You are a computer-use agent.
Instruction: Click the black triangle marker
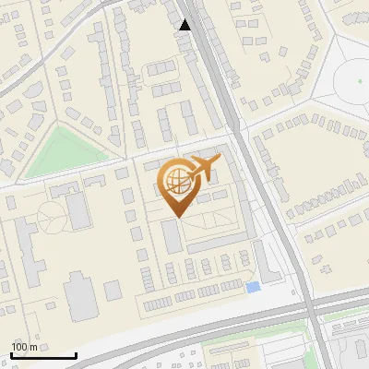point(185,25)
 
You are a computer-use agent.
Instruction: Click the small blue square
point(253,288)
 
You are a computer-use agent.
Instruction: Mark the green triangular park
point(62,152)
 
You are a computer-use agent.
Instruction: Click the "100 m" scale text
point(25,347)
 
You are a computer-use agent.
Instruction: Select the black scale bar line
point(42,355)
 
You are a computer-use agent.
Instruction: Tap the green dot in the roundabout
point(361,80)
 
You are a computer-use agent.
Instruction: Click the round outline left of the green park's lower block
point(51,216)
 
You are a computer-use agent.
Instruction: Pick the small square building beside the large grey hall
point(113,291)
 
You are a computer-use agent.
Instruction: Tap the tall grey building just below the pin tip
point(172,236)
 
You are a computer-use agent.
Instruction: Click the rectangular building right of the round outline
point(79,209)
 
